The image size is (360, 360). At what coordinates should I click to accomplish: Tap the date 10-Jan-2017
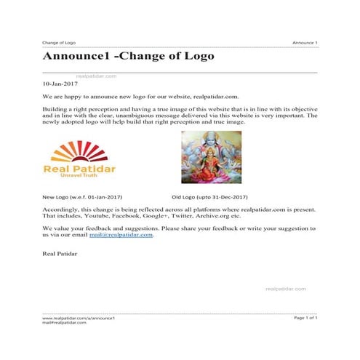coord(61,84)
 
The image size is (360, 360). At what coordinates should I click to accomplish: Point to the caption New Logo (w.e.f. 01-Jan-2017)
coord(81,197)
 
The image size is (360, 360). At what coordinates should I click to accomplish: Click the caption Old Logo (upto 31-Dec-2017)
coord(209,197)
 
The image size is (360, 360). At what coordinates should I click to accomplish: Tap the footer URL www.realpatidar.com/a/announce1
coord(79,319)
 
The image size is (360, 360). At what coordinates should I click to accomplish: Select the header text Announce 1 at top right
coord(305,43)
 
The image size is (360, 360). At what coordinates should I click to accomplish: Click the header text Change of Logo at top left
coord(59,43)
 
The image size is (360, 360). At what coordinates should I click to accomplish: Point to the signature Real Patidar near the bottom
coord(60,255)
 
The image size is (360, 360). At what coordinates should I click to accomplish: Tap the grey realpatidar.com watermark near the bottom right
coord(285,289)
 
